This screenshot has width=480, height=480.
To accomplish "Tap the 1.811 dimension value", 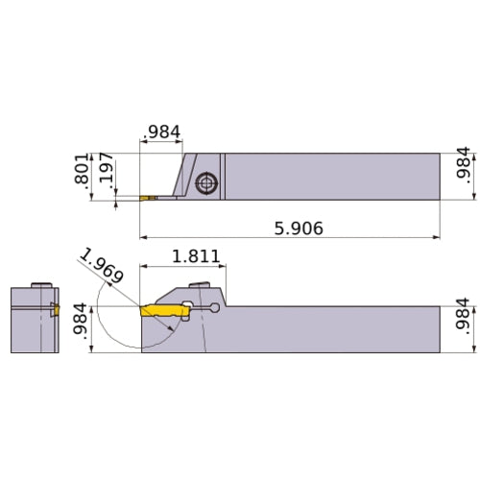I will (x=196, y=257).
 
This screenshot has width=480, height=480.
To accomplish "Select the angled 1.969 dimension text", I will (x=102, y=267).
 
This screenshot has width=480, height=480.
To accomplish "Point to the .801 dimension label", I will (x=81, y=175).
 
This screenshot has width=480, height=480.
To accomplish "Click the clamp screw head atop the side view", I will (x=202, y=284).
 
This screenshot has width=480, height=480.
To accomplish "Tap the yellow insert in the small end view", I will (x=55, y=310).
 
